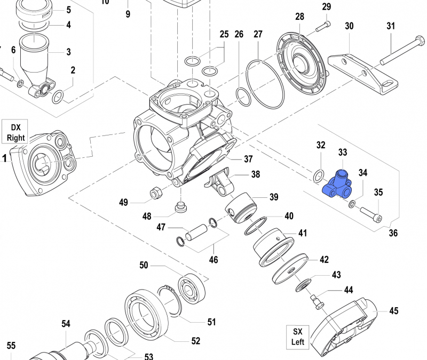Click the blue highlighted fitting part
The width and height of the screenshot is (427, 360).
(x=336, y=184)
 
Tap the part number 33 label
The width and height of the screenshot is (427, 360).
(x=343, y=153)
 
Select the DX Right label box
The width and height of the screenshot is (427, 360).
(x=16, y=132)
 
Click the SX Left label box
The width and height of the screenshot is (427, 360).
(x=297, y=336)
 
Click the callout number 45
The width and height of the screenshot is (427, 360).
(x=394, y=310)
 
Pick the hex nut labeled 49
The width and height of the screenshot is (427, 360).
(x=156, y=193)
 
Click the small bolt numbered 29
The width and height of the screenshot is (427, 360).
(x=323, y=25)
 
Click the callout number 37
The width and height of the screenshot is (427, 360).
(x=248, y=159)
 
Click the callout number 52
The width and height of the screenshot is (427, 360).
(x=196, y=341)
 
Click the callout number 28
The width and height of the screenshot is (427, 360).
(x=299, y=17)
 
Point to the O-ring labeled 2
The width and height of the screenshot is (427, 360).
(x=58, y=97)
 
